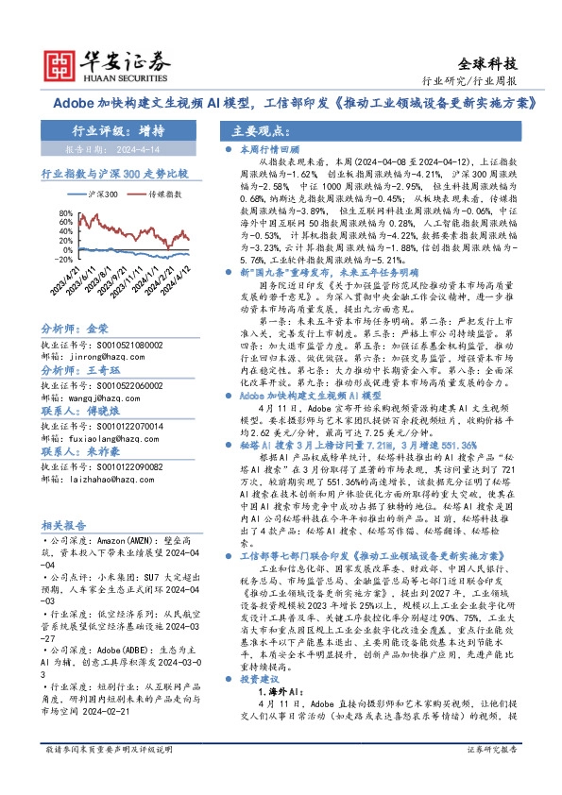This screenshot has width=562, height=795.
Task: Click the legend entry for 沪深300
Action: tap(103, 194)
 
